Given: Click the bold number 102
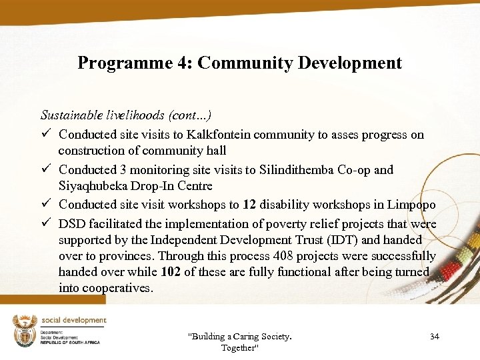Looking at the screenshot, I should coord(173,272).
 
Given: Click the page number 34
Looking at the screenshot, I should coord(435,337).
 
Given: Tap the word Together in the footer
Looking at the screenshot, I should coord(239,348).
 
